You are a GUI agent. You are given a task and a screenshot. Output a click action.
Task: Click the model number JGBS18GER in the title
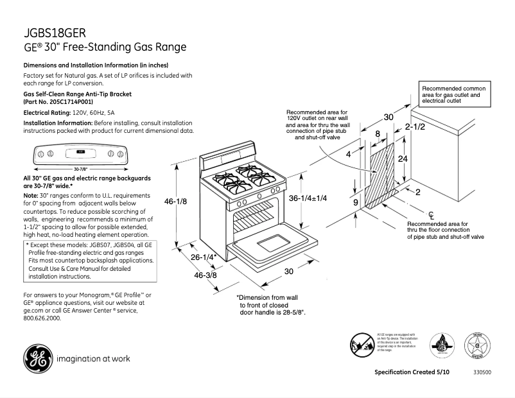pos(55,33)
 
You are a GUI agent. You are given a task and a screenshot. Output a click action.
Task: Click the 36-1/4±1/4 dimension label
pos(308,198)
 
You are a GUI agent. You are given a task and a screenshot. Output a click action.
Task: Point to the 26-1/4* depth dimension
pos(203,257)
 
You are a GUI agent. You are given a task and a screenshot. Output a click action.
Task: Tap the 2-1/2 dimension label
pos(415,128)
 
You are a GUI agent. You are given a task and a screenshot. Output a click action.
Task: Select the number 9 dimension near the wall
pos(355,202)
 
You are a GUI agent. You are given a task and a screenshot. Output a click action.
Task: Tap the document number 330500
pos(482,373)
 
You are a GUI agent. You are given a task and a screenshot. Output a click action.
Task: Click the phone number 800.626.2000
pos(42,318)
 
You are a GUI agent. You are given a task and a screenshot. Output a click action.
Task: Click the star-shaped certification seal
pos(477,345)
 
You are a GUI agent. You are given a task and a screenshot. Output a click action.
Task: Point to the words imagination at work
pos(94,359)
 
